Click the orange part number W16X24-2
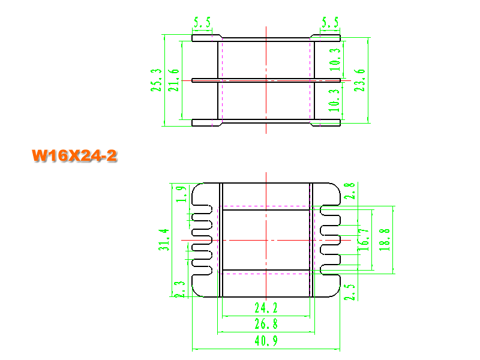click(74, 155)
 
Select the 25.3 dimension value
click(156, 80)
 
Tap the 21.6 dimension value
click(173, 80)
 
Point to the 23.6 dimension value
click(359, 80)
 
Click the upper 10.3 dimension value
click(335, 59)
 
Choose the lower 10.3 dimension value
click(334, 100)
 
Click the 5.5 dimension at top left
click(202, 22)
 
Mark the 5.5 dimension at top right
click(330, 22)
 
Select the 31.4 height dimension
click(164, 239)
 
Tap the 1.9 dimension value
click(181, 194)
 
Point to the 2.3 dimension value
click(179, 289)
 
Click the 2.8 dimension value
click(349, 191)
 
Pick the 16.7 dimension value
click(364, 240)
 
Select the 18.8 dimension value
click(385, 240)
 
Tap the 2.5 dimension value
click(349, 292)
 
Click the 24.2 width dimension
click(266, 308)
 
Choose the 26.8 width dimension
click(266, 324)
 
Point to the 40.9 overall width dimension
click(266, 341)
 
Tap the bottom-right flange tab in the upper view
click(325, 123)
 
